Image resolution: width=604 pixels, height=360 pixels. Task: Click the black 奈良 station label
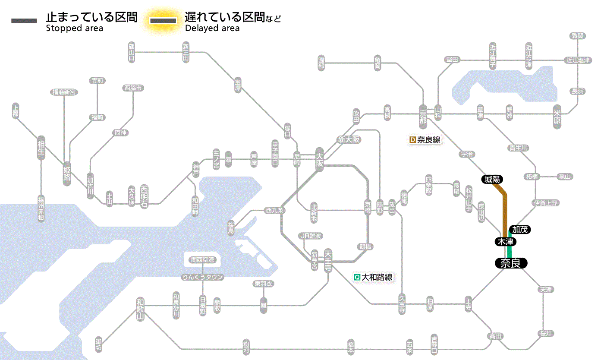[x=510, y=263]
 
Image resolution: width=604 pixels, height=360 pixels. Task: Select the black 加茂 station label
[x=520, y=229]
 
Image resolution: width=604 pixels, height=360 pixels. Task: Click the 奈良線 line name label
[x=428, y=140]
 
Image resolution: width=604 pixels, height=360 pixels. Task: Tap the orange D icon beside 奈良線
[x=412, y=140]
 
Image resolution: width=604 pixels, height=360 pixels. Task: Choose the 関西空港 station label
[x=202, y=259]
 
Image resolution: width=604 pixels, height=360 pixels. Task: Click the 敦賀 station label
[x=578, y=36]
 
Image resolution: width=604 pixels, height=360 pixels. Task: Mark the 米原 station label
[x=557, y=117]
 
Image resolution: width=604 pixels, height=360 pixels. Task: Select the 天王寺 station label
[x=327, y=260]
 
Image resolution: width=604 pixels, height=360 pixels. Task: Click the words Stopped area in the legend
[x=75, y=28]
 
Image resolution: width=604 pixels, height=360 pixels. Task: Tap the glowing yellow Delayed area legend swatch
[x=163, y=21]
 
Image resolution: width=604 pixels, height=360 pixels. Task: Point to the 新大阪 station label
[x=349, y=140]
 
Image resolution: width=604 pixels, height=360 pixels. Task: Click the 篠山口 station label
[x=132, y=52]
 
